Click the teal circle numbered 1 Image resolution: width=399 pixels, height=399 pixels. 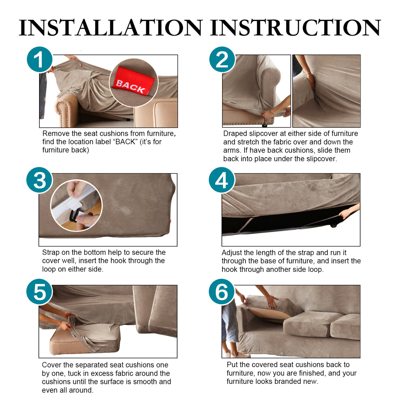pyautogui.click(x=39, y=59)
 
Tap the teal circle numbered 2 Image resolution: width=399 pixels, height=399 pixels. pyautogui.click(x=222, y=59)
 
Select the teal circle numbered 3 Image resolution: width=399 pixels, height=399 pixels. pyautogui.click(x=39, y=180)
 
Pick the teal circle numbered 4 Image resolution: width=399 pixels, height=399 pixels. pyautogui.click(x=222, y=180)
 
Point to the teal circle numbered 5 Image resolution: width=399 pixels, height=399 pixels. pyautogui.click(x=39, y=292)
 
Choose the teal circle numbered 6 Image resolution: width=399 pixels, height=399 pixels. pyautogui.click(x=222, y=292)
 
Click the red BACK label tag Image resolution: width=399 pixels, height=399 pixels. pyautogui.click(x=133, y=82)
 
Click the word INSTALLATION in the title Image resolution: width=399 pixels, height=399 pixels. pyautogui.click(x=110, y=28)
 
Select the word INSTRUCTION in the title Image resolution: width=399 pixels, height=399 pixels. pyautogui.click(x=295, y=28)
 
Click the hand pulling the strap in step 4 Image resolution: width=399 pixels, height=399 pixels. pyautogui.click(x=346, y=213)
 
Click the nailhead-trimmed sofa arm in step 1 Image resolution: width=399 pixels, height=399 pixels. pyautogui.click(x=66, y=110)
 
